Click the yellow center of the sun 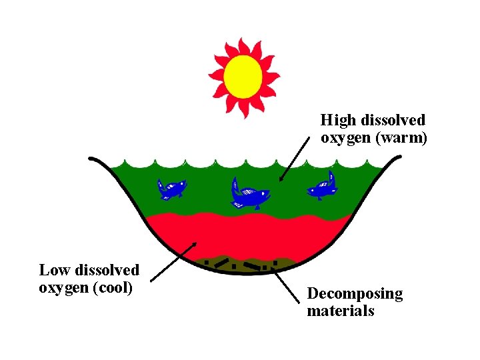pyautogui.click(x=242, y=75)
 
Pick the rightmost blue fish pyautogui.click(x=321, y=186)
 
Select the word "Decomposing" pyautogui.click(x=355, y=294)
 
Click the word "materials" pyautogui.click(x=340, y=311)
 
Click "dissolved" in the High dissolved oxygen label pyautogui.click(x=393, y=121)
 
